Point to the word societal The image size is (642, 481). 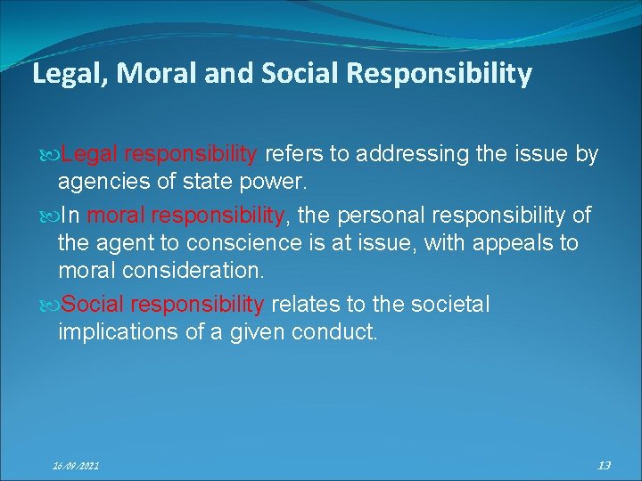(451, 305)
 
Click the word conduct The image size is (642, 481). (341, 332)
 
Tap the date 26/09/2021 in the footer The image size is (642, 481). (75, 466)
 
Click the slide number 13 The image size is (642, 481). (604, 465)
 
